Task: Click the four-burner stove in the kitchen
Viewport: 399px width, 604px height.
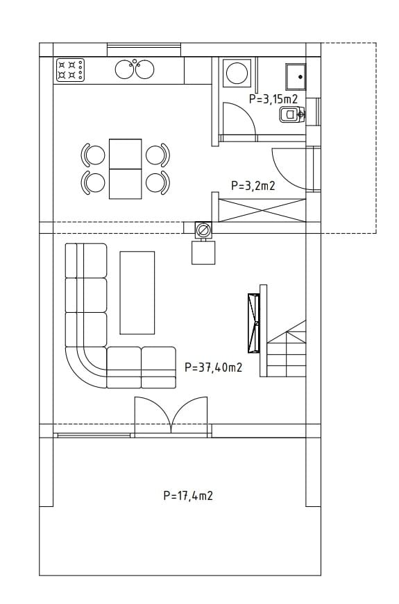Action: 70,70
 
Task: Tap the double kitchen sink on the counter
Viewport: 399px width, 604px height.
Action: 135,69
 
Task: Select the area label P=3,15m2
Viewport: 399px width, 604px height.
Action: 273,99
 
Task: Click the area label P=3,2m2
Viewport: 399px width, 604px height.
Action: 253,186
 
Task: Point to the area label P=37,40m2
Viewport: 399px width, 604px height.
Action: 213,368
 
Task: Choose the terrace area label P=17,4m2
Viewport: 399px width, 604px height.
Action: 188,495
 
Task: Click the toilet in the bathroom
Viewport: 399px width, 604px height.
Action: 292,114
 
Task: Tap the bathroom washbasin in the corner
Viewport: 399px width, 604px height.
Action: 296,77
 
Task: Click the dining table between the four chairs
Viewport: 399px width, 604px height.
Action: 126,169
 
